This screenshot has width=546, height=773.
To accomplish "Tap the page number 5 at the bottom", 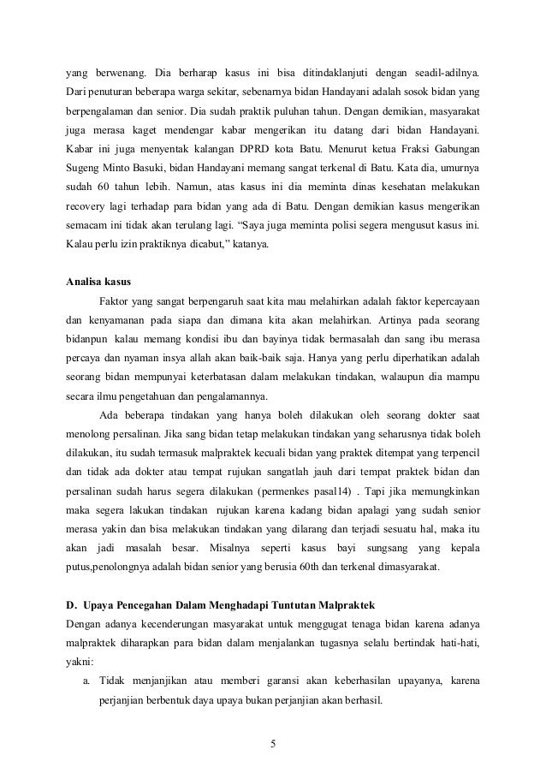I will click(272, 741).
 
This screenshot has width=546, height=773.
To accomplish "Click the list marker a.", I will click(86, 681).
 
